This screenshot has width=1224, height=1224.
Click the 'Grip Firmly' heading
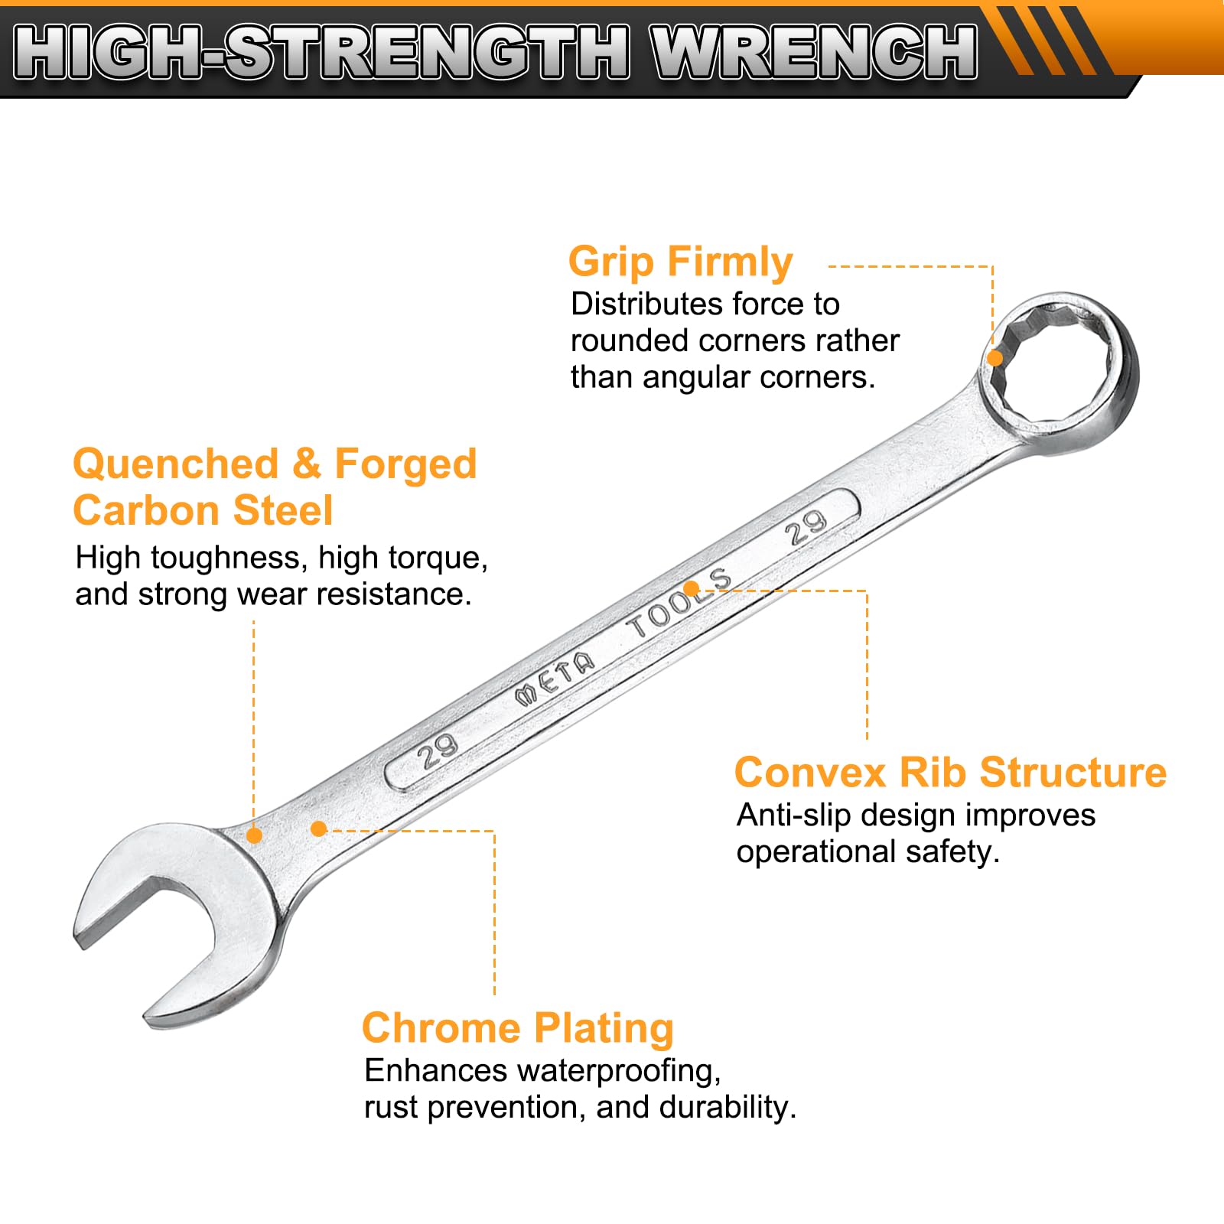(680, 263)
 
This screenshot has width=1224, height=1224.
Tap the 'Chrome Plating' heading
(517, 1029)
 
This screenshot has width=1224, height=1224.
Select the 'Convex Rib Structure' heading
(950, 772)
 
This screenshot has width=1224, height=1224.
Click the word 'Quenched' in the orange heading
(175, 464)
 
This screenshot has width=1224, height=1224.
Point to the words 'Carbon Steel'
(203, 510)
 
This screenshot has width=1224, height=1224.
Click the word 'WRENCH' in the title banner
(814, 51)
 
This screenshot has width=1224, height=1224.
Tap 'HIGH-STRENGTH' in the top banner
(321, 51)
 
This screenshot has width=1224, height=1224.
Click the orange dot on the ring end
(994, 358)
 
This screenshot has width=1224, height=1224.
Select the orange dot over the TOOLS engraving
(691, 588)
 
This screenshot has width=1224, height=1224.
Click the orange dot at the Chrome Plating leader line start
(319, 828)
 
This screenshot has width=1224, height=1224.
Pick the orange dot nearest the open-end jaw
(254, 835)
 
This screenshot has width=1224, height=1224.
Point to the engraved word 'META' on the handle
(555, 677)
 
